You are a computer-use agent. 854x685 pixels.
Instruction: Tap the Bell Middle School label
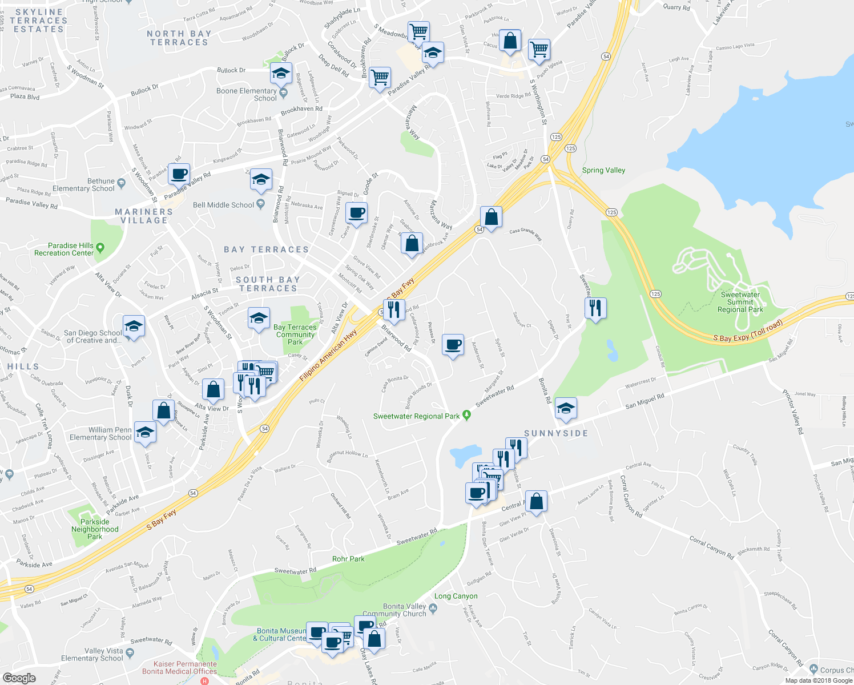coord(223,205)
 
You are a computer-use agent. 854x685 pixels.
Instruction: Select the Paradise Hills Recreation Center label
coord(64,249)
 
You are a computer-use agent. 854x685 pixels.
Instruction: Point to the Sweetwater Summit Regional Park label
coord(740,302)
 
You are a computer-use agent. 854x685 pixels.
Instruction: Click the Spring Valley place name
coord(603,170)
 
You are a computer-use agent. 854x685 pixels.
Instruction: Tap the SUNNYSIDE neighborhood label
coord(556,433)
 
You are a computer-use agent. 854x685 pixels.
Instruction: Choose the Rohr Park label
coord(348,559)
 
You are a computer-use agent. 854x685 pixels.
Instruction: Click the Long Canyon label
coord(456,596)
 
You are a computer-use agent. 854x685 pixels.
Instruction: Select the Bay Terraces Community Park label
coord(295,335)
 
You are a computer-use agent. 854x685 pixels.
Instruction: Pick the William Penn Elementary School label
coord(100,434)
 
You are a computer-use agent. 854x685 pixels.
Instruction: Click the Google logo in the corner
coord(19,678)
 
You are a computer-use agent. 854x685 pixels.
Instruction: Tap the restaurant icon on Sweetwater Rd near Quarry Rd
coord(595,308)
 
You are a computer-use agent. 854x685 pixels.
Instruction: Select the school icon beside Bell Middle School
coord(261,180)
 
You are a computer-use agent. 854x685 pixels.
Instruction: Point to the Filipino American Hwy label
coord(328,355)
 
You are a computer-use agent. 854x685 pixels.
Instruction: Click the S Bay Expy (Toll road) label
coord(748,331)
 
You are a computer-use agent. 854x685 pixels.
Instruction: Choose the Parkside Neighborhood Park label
coord(95,529)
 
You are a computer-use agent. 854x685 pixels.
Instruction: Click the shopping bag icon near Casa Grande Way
coord(491,217)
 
